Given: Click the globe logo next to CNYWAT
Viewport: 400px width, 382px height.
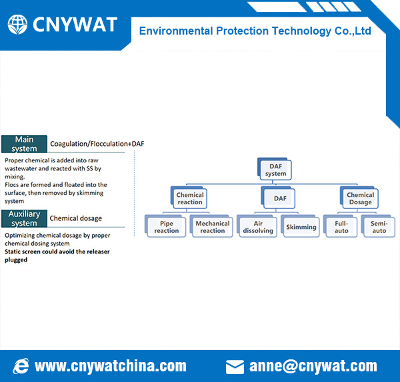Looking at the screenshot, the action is coord(17,25).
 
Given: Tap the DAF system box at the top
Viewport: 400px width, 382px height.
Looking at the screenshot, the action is coord(275,169).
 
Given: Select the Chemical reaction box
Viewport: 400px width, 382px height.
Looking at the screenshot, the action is coord(189,198).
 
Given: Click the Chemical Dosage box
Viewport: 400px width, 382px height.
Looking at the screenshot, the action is coord(359,198).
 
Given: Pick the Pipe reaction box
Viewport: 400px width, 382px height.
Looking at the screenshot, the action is coord(165,226).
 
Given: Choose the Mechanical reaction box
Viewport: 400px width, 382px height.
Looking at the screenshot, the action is coord(211,226).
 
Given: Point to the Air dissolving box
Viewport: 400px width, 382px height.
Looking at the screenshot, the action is coord(257,226).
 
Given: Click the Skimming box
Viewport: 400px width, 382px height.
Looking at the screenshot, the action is coord(300,226).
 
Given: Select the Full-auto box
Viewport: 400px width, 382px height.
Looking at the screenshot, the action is coord(340,226).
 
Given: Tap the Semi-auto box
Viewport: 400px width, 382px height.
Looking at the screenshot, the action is coord(378,226).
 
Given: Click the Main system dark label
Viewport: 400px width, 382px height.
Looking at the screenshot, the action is coord(24,144).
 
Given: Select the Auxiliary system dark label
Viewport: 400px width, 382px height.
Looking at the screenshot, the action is coord(24,218).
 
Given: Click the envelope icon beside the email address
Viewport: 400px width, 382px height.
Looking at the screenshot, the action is coord(235,367).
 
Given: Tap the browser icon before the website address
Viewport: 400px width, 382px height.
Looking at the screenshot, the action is coord(21,366).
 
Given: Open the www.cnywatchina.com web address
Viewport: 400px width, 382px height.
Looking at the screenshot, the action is coord(111,366).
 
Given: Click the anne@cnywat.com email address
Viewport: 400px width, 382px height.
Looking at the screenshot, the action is coord(313,366).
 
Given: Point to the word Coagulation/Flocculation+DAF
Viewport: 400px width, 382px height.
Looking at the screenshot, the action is coord(97,144).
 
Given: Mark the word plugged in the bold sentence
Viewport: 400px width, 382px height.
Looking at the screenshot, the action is coord(16,260).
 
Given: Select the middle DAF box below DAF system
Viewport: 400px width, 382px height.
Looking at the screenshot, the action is coord(278,198).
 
